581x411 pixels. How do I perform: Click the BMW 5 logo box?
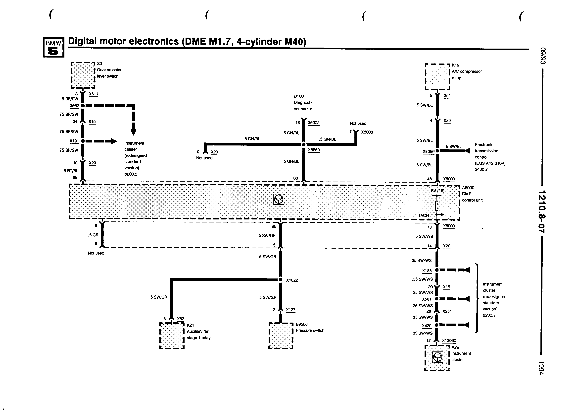coord(53,47)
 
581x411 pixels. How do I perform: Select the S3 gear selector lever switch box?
coord(83,75)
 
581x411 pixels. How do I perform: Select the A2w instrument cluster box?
coord(437,358)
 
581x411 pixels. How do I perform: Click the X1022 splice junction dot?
coord(280,280)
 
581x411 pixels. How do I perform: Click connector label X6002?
coord(314,123)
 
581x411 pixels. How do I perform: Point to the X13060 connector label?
coord(449,341)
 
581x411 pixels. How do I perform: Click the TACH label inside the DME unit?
coord(424,215)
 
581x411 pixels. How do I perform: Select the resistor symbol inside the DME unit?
coord(437,206)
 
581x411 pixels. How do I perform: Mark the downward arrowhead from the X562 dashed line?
coord(134,132)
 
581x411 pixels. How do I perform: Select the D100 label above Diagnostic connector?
coord(299,96)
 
